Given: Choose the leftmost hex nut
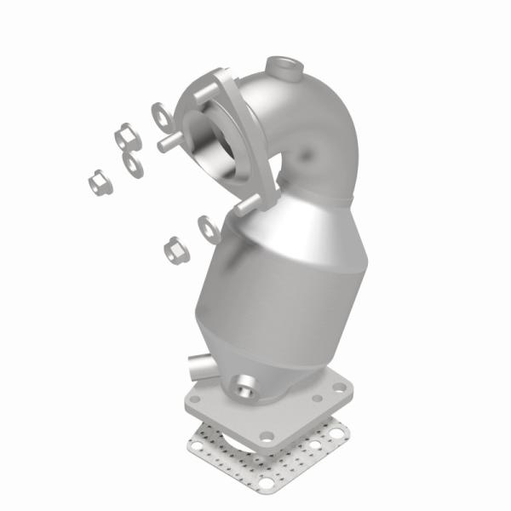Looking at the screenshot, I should pyautogui.click(x=96, y=181).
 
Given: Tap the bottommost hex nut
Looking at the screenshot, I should pyautogui.click(x=175, y=248).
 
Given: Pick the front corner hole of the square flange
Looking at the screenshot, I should pyautogui.click(x=267, y=435).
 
